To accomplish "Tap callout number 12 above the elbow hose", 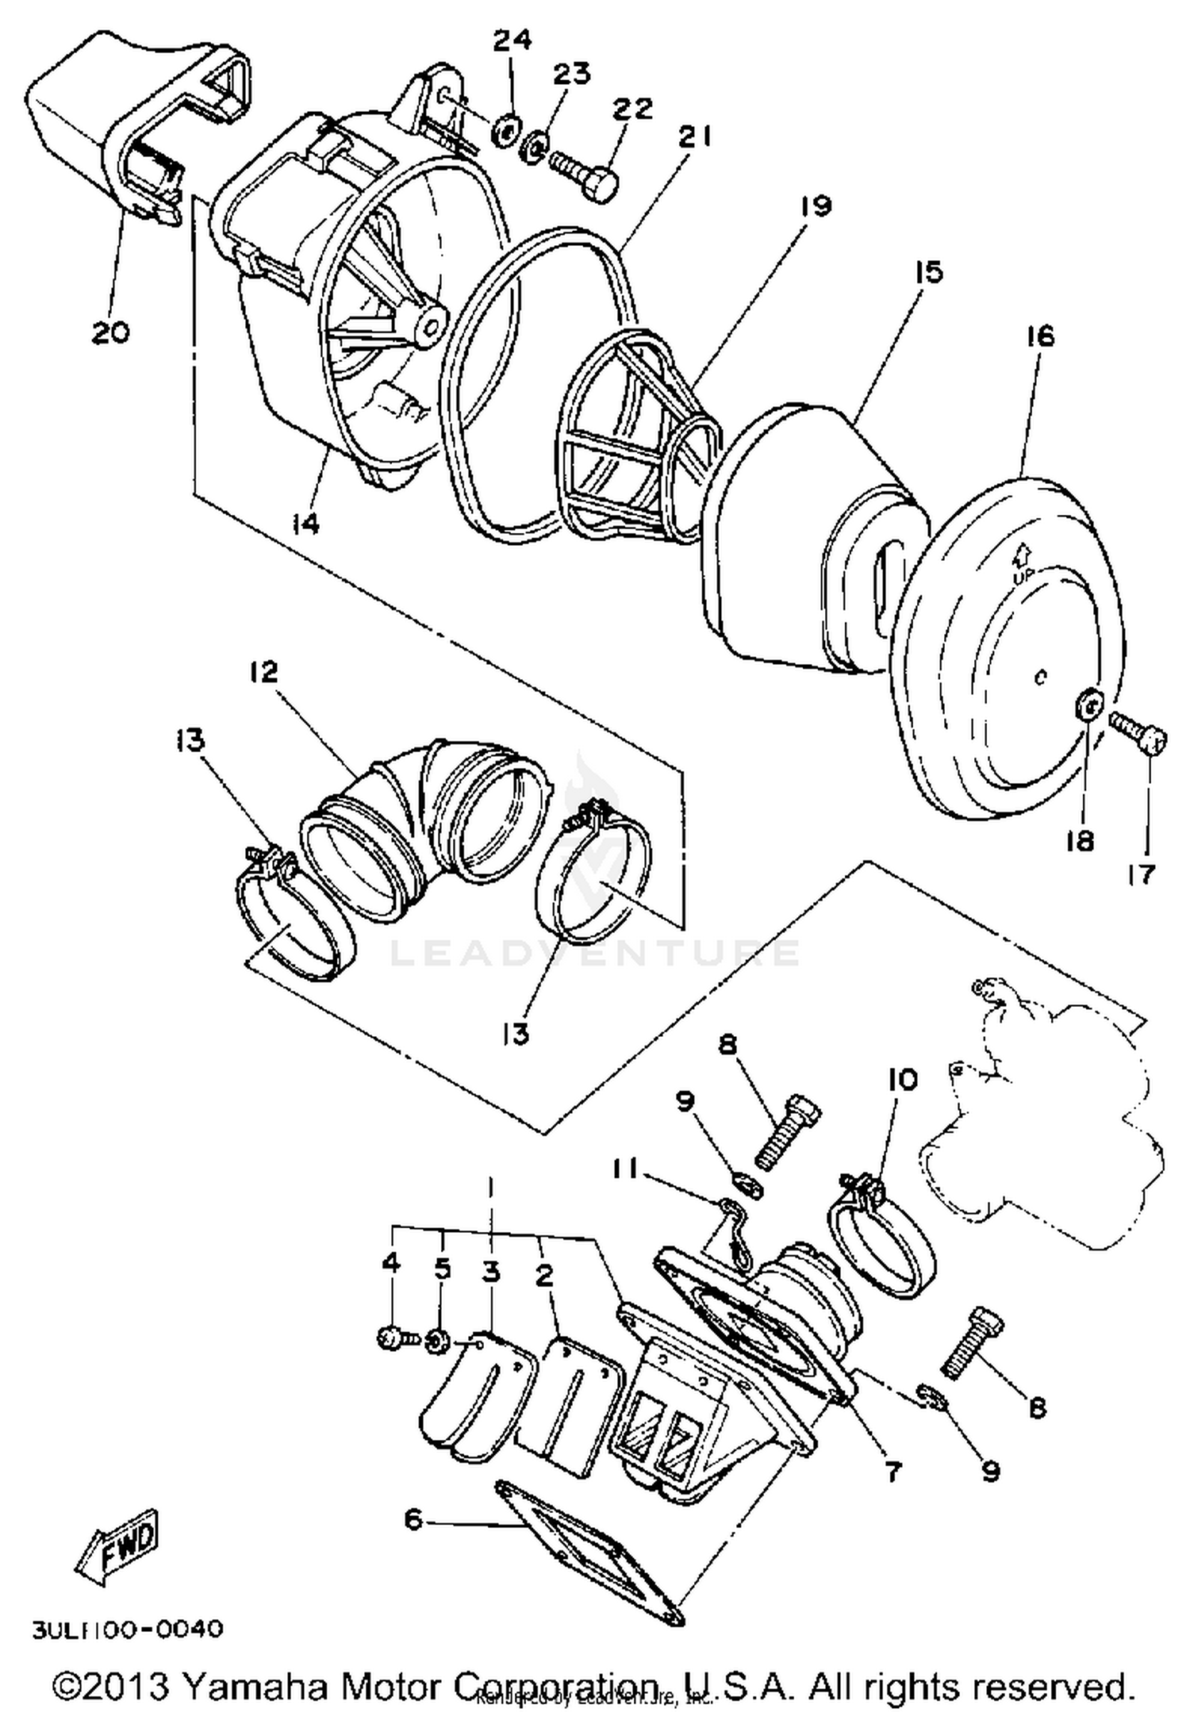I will [x=264, y=672].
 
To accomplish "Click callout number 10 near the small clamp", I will [x=903, y=1079].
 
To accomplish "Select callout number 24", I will [x=512, y=40].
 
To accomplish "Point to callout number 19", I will [x=815, y=206].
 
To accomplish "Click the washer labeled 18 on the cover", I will [x=1089, y=704].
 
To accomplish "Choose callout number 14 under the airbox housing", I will [x=305, y=523].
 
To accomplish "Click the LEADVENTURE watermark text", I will [x=595, y=952].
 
